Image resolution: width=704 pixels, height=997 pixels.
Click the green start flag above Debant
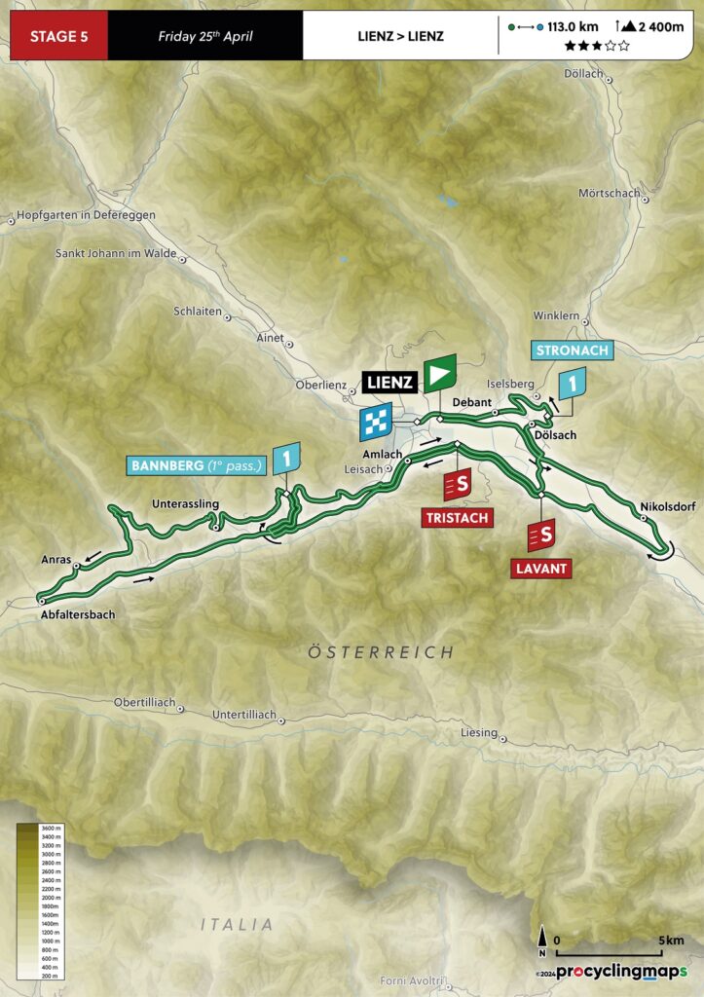pyautogui.click(x=440, y=374)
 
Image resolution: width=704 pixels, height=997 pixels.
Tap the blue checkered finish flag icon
pyautogui.click(x=376, y=423)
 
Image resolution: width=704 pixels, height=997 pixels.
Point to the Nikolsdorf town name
pyautogui.click(x=669, y=506)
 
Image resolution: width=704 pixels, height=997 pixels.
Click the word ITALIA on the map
pyautogui.click(x=238, y=924)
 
